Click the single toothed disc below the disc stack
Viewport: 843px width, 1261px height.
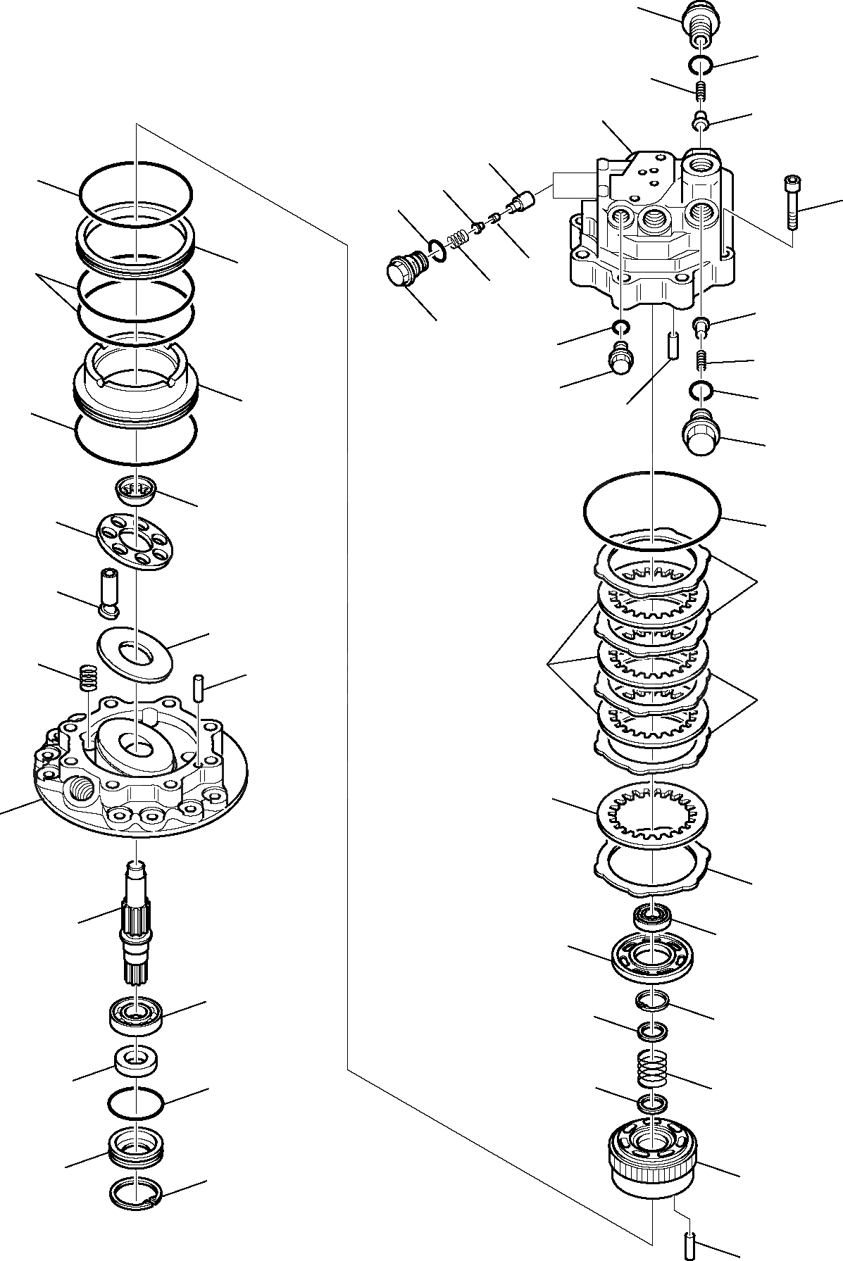(651, 817)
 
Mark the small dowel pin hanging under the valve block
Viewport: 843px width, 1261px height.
(672, 346)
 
